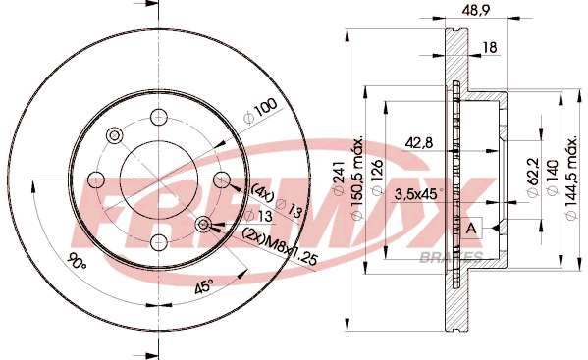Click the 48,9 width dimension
pos(476,10)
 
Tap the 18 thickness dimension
pos(490,48)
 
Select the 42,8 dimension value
pos(418,143)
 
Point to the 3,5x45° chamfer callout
pos(418,194)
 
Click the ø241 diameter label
pos(339,178)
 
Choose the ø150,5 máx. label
pos(357,178)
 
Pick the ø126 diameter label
pos(377,178)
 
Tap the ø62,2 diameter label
pos(533,178)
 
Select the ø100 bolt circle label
pos(260,111)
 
